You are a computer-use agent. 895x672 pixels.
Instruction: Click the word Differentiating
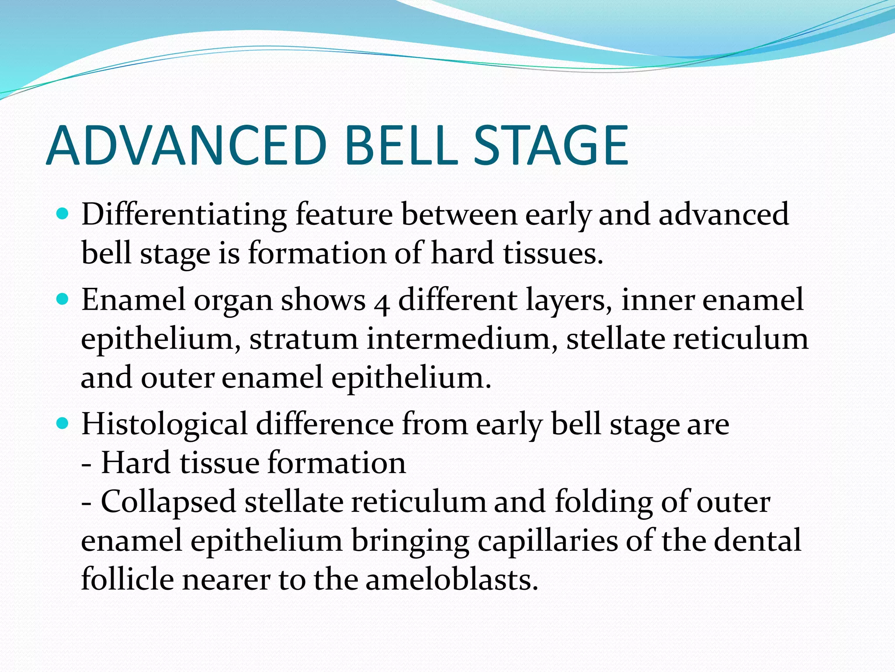pos(184,215)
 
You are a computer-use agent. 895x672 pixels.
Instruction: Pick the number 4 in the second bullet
pos(382,303)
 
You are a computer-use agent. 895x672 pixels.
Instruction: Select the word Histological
pos(164,425)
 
